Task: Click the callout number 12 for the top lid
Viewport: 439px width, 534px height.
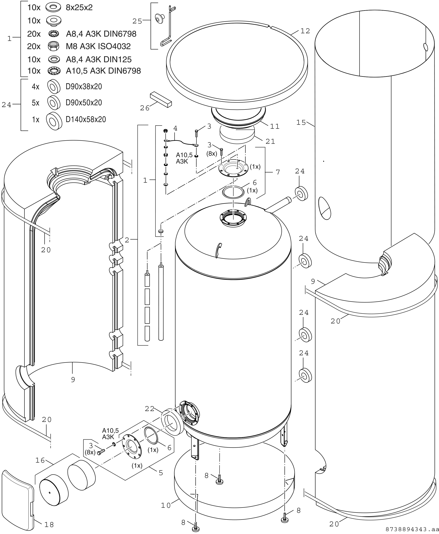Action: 305,31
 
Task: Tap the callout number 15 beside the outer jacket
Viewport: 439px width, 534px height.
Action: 301,123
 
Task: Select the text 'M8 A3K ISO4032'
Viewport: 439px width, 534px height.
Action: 98,46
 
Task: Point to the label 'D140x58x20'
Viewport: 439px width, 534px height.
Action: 86,119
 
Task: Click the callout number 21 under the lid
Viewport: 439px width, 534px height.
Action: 270,141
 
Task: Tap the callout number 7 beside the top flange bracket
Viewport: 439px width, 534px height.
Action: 278,172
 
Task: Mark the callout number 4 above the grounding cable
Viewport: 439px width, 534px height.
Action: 175,128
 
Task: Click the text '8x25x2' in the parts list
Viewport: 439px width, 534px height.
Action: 79,8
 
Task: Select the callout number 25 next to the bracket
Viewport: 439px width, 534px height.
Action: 137,21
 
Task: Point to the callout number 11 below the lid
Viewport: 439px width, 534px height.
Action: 275,126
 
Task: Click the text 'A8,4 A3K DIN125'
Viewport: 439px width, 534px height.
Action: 99,60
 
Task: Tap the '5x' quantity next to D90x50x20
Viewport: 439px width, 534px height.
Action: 35,103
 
